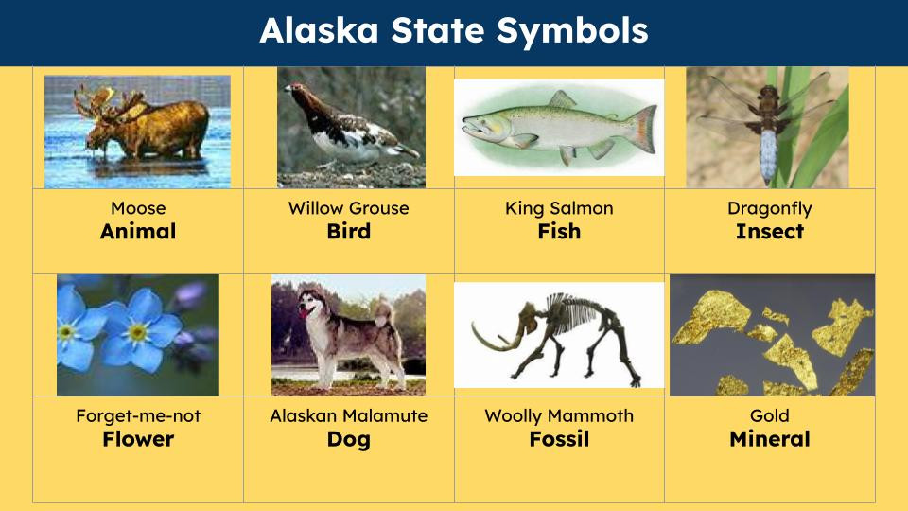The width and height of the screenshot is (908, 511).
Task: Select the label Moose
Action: (138, 208)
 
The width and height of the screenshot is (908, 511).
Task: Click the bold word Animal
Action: (138, 232)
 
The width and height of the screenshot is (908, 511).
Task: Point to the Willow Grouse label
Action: (349, 208)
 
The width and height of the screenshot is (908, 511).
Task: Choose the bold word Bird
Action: (349, 232)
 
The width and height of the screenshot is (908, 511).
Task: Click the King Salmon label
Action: (559, 208)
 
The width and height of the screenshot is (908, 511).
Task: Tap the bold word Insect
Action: (770, 232)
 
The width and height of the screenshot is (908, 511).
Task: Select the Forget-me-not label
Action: (138, 416)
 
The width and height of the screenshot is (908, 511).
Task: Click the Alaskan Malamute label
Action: (349, 416)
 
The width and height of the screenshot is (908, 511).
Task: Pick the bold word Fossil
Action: (559, 440)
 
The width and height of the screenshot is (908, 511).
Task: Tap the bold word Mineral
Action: (770, 440)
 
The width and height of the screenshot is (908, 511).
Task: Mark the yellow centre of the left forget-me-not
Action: (69, 331)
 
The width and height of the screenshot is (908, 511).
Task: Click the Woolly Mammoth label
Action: (559, 416)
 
